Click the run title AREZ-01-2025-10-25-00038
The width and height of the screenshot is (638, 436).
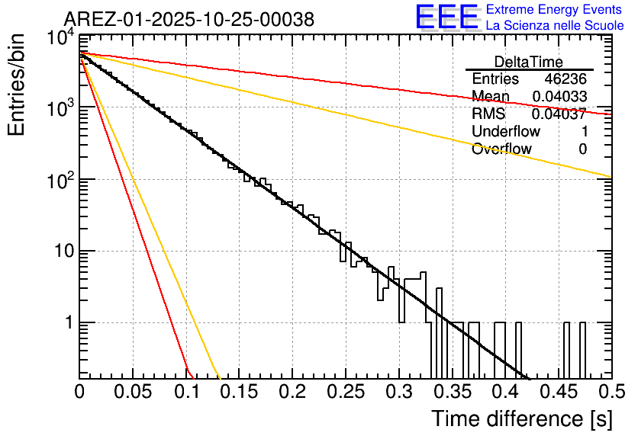[x=188, y=20]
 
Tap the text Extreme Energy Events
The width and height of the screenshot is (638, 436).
[x=555, y=9]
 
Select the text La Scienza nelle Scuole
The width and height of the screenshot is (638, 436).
[x=555, y=25]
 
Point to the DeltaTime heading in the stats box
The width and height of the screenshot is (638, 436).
[x=529, y=62]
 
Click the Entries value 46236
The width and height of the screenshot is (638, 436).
[x=565, y=79]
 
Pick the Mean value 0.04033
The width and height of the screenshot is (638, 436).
[x=559, y=97]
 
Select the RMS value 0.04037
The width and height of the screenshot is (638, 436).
[x=559, y=114]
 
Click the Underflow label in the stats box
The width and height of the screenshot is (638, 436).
[x=506, y=131]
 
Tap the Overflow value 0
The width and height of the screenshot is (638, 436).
[x=582, y=149]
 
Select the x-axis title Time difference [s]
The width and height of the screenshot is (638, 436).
[x=521, y=418]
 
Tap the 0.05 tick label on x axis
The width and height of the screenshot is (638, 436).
[x=133, y=393]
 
